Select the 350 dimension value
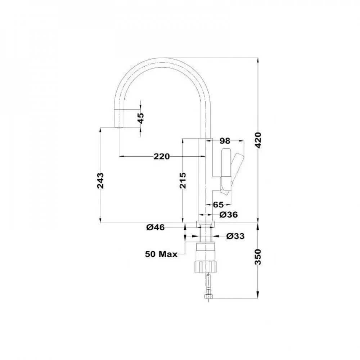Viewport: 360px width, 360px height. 258,257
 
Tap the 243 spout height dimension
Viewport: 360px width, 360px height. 100,180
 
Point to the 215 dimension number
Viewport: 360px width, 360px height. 183,180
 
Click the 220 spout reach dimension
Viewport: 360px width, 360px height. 162,156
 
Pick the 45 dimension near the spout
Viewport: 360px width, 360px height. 141,118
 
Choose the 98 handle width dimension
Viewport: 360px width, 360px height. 225,141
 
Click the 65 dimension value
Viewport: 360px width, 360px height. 218,204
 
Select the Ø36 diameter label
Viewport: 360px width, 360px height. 229,215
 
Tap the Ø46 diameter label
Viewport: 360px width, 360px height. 156,227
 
